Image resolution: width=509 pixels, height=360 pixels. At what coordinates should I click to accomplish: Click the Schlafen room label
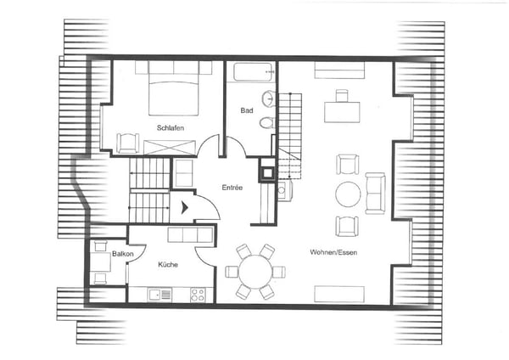[171, 128]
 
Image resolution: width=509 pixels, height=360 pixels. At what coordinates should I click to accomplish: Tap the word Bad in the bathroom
[247, 110]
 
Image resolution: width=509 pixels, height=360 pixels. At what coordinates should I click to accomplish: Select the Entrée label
[232, 188]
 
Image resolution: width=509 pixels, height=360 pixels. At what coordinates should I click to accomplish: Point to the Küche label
[168, 264]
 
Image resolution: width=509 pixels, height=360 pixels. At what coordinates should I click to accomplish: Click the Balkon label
[123, 254]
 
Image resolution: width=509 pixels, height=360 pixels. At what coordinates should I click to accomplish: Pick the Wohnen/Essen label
[333, 252]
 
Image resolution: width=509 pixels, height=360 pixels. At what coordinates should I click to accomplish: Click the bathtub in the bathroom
[253, 72]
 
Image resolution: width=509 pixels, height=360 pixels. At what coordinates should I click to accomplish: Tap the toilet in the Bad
[267, 123]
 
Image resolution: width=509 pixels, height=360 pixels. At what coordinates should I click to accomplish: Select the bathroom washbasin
[268, 98]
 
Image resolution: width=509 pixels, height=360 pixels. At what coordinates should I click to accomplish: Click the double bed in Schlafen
[173, 88]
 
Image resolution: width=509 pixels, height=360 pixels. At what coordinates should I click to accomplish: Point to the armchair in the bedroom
[128, 143]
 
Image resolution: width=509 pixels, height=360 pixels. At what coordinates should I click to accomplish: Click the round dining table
[255, 272]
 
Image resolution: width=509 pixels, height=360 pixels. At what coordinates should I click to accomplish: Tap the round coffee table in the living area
[348, 194]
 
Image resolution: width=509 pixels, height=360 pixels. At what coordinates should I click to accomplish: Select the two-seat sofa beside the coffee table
[375, 194]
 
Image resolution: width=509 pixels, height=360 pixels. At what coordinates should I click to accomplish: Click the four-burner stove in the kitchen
[198, 295]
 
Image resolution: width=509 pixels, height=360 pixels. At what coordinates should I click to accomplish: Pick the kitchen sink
[159, 295]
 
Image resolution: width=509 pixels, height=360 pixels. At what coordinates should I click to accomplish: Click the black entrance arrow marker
[185, 208]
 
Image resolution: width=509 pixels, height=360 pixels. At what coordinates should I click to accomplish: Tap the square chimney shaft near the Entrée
[267, 173]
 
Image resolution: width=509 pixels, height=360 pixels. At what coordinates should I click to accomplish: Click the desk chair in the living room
[342, 96]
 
